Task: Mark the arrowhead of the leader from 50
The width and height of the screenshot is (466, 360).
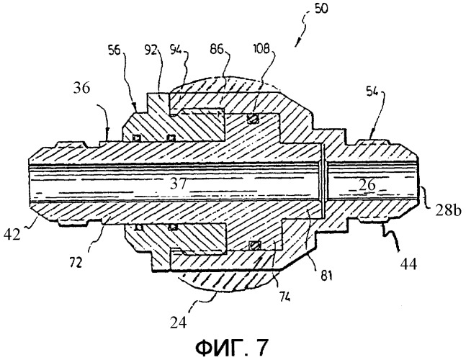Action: point(295,46)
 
